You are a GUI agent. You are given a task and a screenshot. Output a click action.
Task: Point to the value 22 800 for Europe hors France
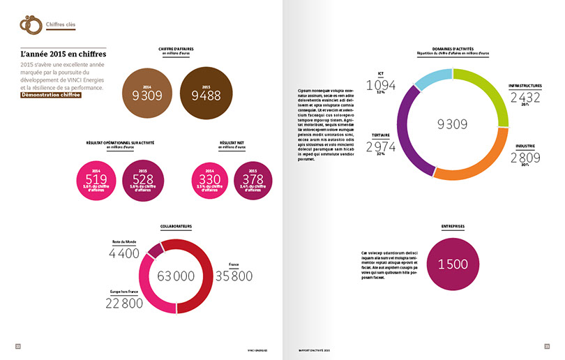pyautogui.click(x=124, y=303)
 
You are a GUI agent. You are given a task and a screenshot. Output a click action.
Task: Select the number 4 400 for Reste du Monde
pyautogui.click(x=124, y=253)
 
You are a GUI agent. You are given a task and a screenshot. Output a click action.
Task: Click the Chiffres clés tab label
pyautogui.click(x=61, y=26)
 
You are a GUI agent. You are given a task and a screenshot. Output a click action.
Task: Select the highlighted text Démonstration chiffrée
pyautogui.click(x=52, y=95)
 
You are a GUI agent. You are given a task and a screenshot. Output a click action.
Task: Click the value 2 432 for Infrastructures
pyautogui.click(x=525, y=98)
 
